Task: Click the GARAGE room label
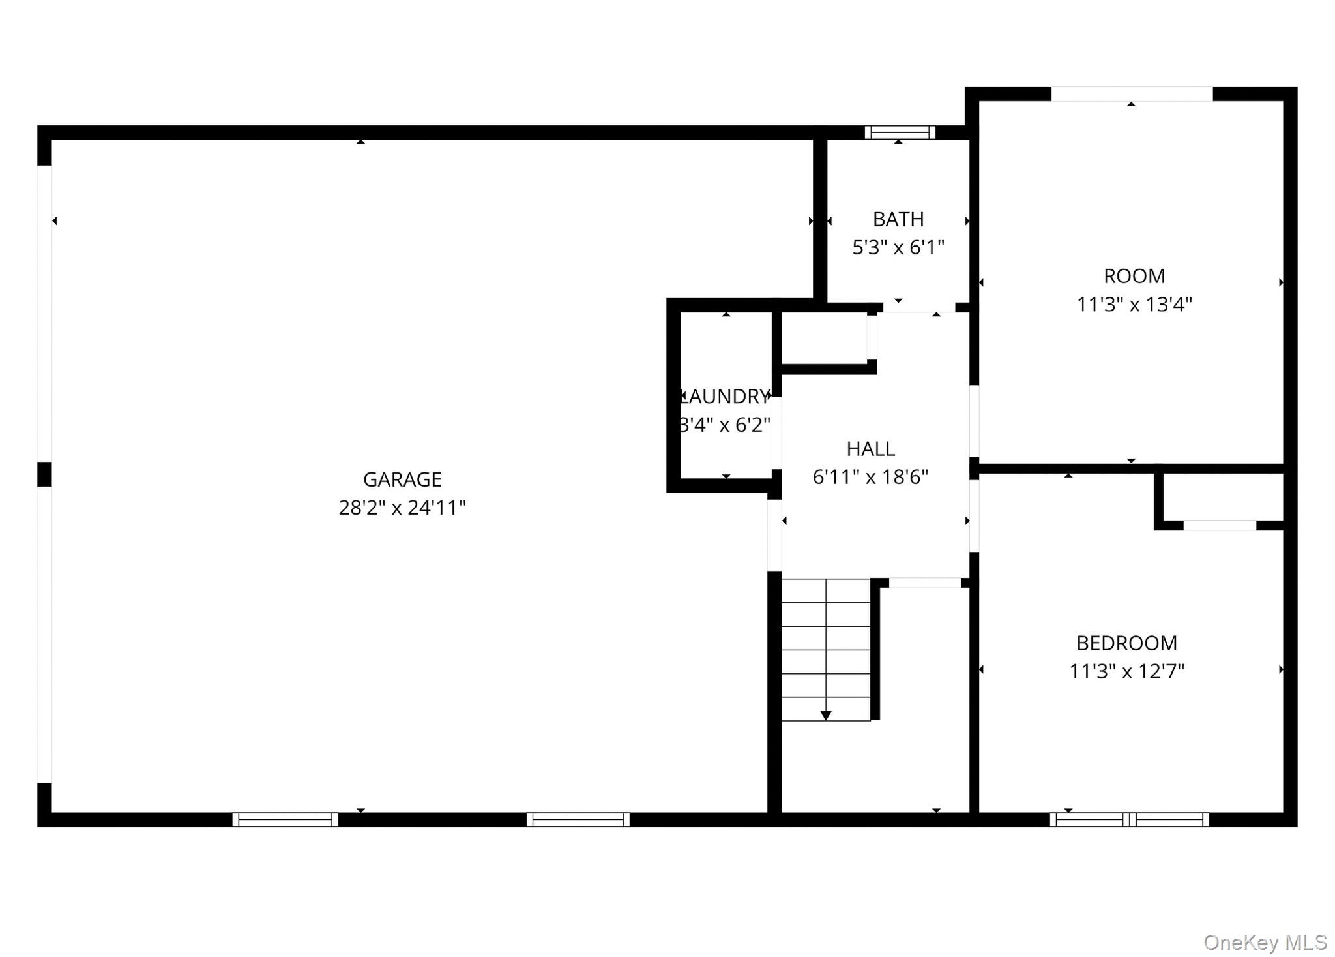pos(402,479)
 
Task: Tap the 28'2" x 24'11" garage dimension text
pos(402,508)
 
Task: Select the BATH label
pos(898,219)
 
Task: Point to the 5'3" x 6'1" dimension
pos(898,248)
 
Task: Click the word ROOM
pos(1134,276)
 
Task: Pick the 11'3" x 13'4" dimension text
pos(1134,305)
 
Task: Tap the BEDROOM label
pos(1126,643)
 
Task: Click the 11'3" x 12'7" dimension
pos(1126,671)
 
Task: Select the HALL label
pos(870,449)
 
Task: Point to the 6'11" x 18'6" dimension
pos(870,478)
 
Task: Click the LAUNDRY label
pos(726,397)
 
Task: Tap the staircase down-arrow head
pos(826,716)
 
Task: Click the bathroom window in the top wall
pos(900,132)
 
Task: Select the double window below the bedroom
pos(1129,819)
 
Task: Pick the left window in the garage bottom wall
pos(286,819)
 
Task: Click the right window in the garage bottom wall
pos(578,819)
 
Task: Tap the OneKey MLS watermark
pos(1265,943)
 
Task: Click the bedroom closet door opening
pos(1220,525)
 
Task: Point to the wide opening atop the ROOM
pos(1132,94)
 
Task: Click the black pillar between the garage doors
pos(44,474)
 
